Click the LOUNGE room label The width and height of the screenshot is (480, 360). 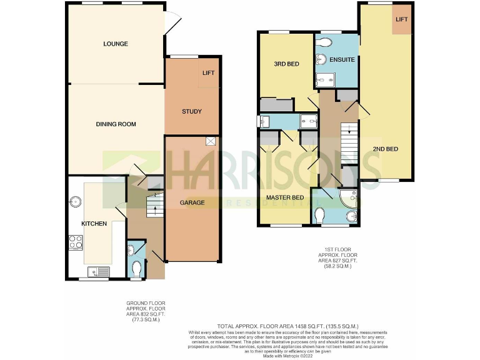pyautogui.click(x=116, y=44)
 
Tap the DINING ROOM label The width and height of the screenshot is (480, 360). pyautogui.click(x=116, y=124)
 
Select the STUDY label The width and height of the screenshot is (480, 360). pyautogui.click(x=192, y=112)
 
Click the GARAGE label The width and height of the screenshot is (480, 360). pyautogui.click(x=192, y=203)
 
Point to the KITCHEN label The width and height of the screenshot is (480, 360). pyautogui.click(x=94, y=224)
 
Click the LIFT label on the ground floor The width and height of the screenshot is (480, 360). pyautogui.click(x=208, y=73)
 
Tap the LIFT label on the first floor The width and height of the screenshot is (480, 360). pyautogui.click(x=401, y=19)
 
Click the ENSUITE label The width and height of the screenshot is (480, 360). pyautogui.click(x=342, y=60)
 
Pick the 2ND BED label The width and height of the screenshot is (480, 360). pyautogui.click(x=385, y=149)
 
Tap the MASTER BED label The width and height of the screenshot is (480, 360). pyautogui.click(x=285, y=198)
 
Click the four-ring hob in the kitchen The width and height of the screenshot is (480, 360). pyautogui.click(x=76, y=241)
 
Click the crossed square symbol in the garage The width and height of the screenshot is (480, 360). pyautogui.click(x=211, y=141)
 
